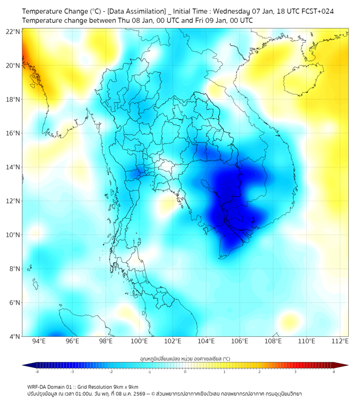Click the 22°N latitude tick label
point(13,32)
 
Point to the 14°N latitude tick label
point(13,167)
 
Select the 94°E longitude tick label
point(39,341)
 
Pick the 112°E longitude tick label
point(340,341)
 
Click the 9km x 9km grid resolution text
point(126,387)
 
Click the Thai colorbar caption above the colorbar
point(185,359)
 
